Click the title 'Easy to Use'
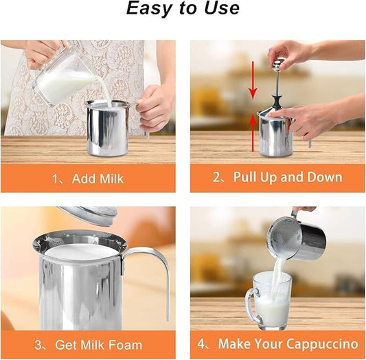pyautogui.click(x=182, y=10)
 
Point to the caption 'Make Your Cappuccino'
pyautogui.click(x=286, y=344)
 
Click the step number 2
pyautogui.click(x=217, y=177)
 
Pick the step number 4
pyautogui.click(x=203, y=344)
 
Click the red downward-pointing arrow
pyautogui.click(x=253, y=79)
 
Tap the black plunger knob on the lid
pyautogui.click(x=275, y=100)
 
